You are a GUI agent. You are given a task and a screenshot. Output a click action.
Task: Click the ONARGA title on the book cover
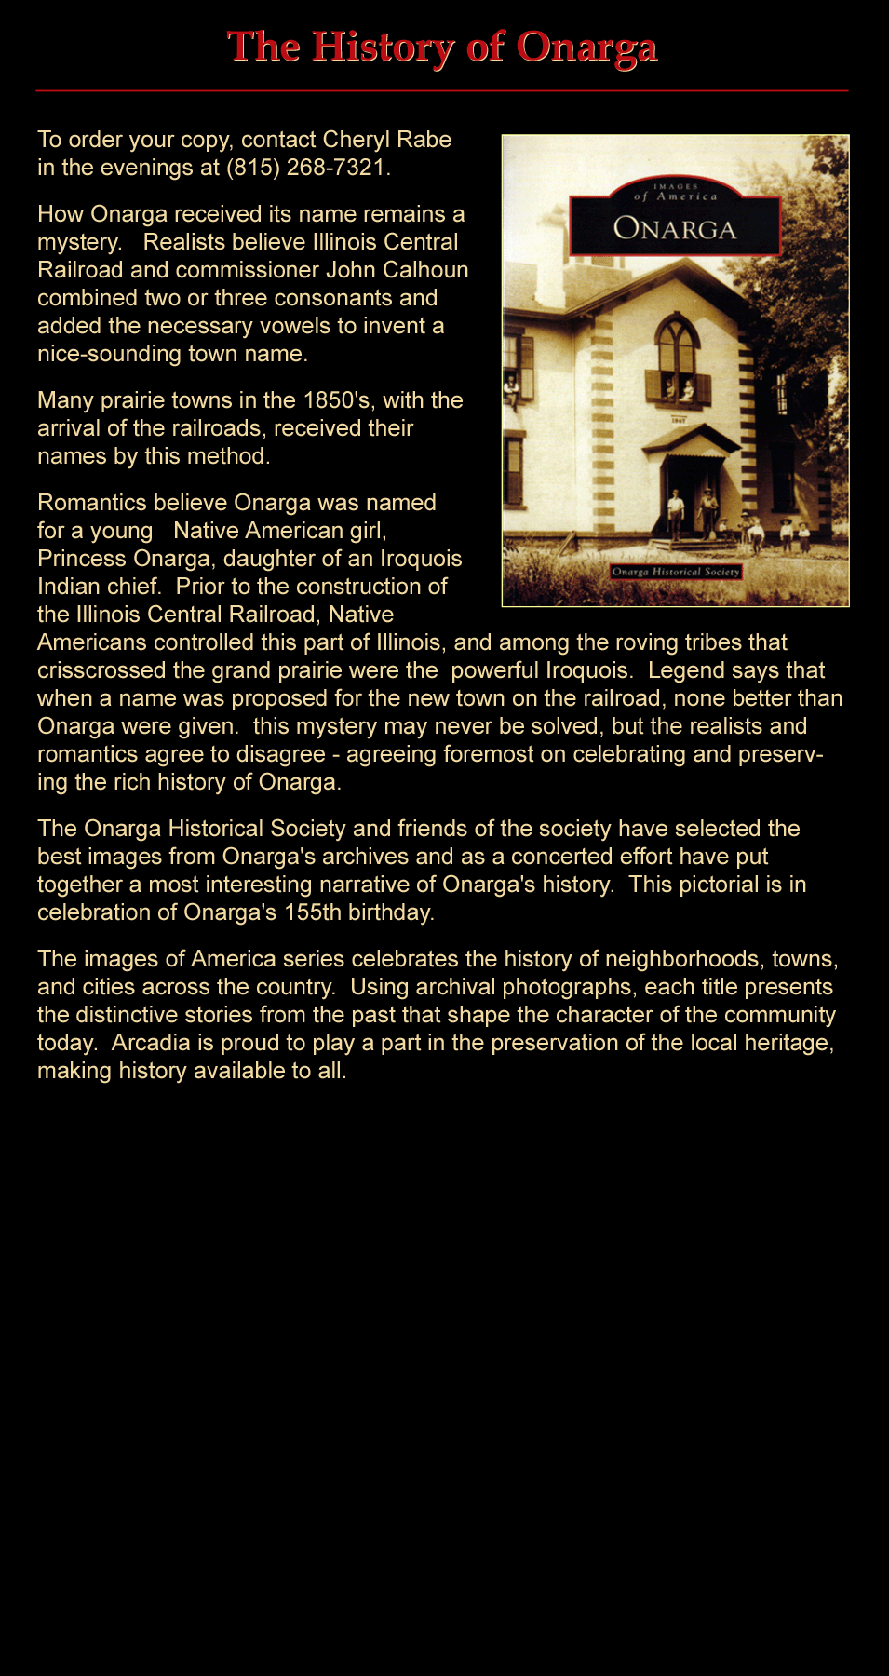point(675,228)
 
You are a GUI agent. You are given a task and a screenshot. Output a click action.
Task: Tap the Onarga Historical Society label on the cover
point(676,572)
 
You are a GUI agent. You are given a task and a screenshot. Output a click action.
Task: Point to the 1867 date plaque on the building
point(678,420)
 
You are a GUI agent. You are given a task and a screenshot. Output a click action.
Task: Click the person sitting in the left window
point(511,389)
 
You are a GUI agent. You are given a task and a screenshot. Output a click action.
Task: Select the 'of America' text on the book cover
point(676,196)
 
